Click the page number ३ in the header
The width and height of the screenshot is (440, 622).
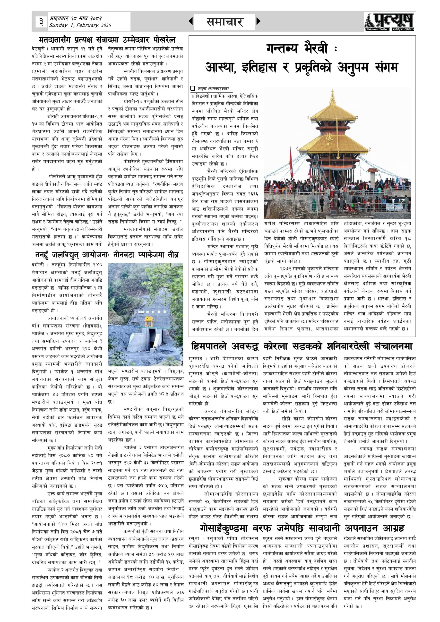pyautogui.click(x=41, y=22)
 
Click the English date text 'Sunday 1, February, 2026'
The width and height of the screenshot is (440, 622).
pyautogui.click(x=80, y=25)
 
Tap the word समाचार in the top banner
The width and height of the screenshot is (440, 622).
pyautogui.click(x=224, y=22)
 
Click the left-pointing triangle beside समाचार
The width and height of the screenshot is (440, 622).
pyautogui.click(x=191, y=21)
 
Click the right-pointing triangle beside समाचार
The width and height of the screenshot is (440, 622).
pyautogui.click(x=258, y=21)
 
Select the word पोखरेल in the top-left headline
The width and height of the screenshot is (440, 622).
pyautogui.click(x=163, y=40)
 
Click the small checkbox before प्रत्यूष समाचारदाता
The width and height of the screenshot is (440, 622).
pyautogui.click(x=193, y=88)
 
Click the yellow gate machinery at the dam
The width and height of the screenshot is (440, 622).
pyautogui.click(x=148, y=321)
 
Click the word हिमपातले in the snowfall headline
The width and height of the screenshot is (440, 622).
pyautogui.click(x=210, y=346)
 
